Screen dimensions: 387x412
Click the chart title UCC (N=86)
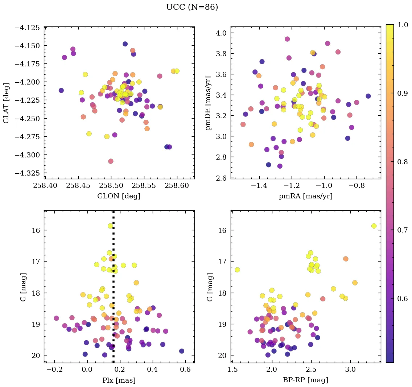click(192, 7)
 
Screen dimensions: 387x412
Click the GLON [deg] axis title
click(119, 196)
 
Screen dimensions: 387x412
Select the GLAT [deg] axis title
click(7, 103)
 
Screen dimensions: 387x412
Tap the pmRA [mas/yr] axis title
click(306, 196)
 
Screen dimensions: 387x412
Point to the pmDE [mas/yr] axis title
click(208, 103)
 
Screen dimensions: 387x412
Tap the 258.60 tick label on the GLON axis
click(177, 186)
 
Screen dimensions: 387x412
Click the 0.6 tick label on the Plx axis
click(185, 369)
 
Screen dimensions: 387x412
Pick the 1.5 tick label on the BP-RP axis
click(232, 369)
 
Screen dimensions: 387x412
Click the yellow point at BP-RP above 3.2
click(374, 226)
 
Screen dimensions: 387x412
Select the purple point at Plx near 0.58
click(181, 351)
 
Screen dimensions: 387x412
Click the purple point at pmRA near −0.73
click(368, 96)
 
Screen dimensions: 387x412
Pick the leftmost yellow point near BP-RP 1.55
click(237, 269)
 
